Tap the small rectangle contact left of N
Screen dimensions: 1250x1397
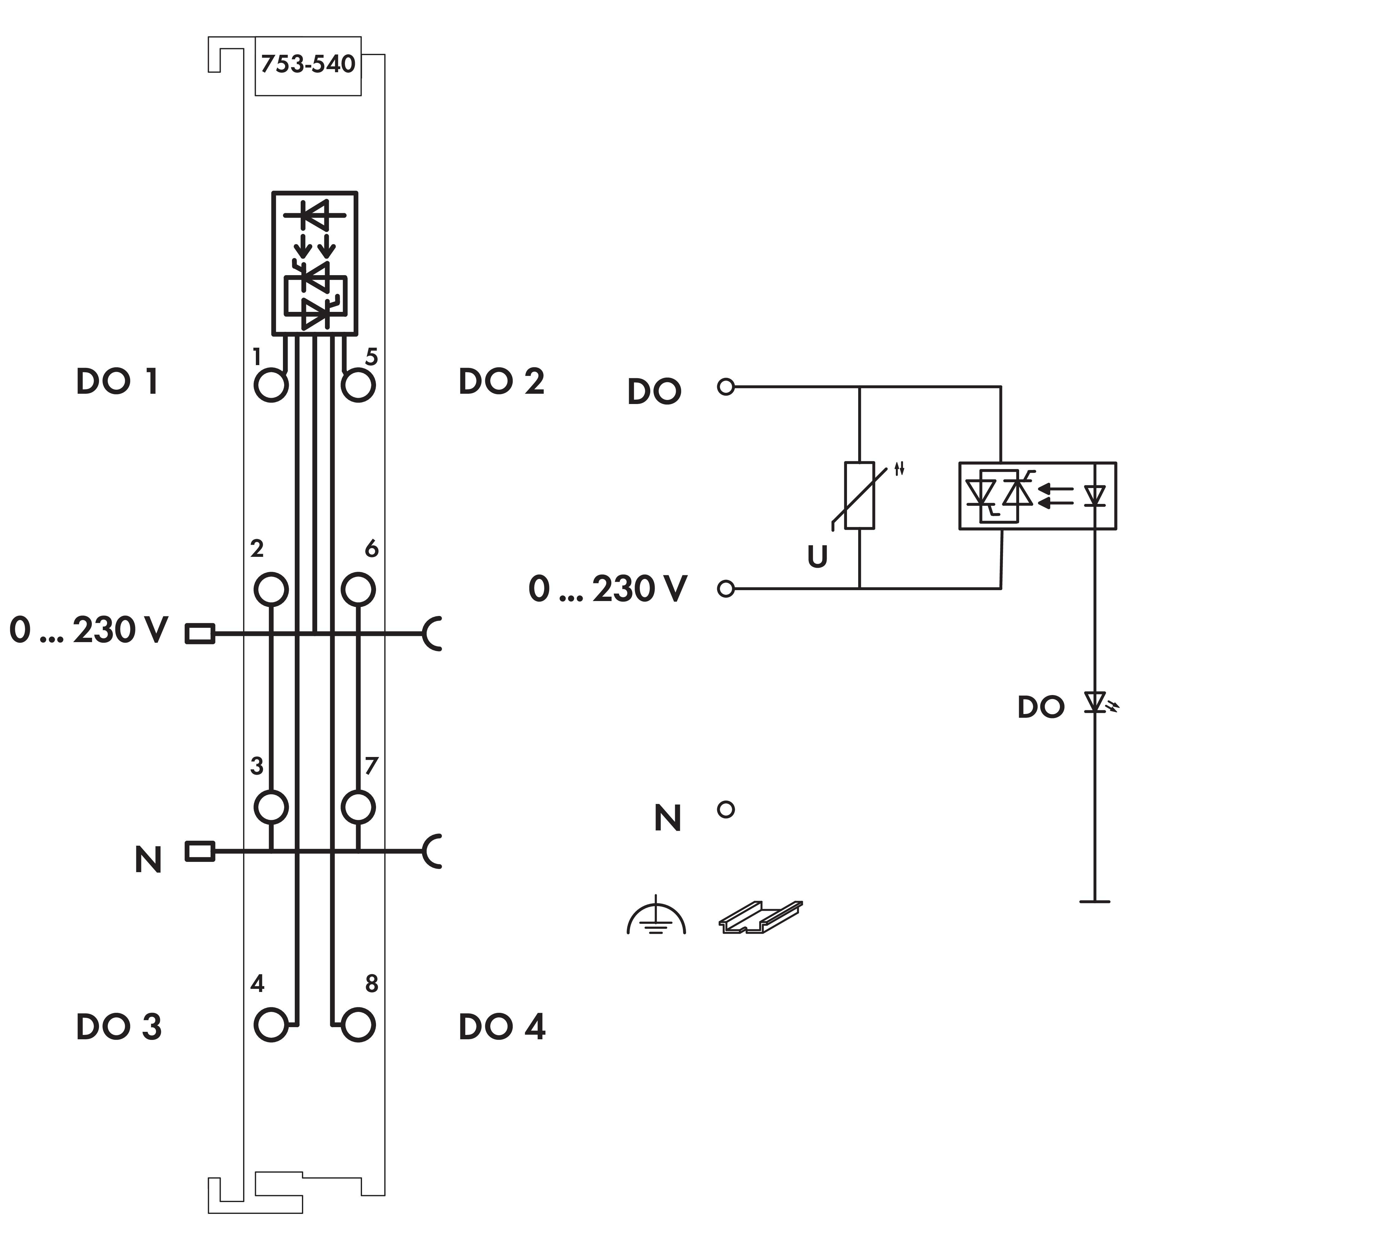[200, 852]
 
